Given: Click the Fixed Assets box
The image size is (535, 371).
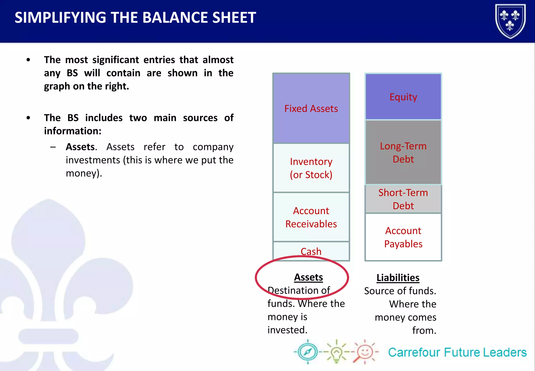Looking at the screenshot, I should [311, 108].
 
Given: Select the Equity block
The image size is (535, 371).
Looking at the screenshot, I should [403, 97].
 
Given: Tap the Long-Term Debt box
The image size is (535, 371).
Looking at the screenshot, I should [403, 153].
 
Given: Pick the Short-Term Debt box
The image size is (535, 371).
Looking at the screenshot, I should [403, 199].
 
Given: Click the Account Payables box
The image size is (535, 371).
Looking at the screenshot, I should [403, 237].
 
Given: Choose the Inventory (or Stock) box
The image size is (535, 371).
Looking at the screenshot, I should [311, 168].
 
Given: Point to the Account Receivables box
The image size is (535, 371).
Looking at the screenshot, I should [311, 217].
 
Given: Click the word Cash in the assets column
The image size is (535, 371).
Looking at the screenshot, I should [311, 251].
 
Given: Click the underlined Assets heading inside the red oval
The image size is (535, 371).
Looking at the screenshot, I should [308, 277].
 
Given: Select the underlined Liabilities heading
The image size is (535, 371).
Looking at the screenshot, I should [398, 278].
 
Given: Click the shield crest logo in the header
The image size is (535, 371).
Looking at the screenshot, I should [510, 21].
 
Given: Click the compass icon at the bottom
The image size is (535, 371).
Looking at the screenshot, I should [308, 352].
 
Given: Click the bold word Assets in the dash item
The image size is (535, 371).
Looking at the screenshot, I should [80, 147].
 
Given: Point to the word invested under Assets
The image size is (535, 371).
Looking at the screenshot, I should [287, 330].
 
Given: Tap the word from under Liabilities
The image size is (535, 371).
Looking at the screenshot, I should [424, 330].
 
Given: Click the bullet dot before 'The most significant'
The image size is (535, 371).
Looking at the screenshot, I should [28, 60].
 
